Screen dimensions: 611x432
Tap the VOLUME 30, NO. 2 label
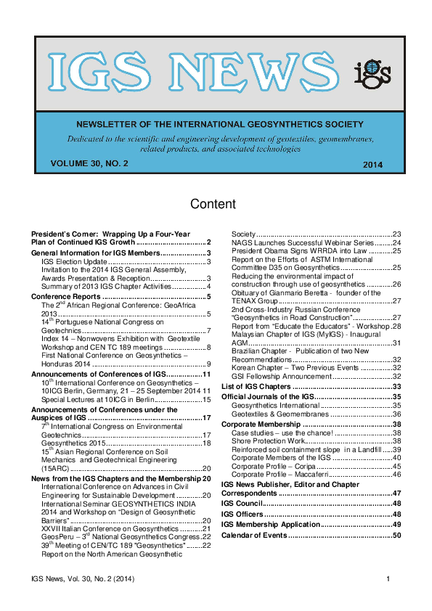[89, 164]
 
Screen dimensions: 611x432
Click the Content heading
[213, 204]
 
